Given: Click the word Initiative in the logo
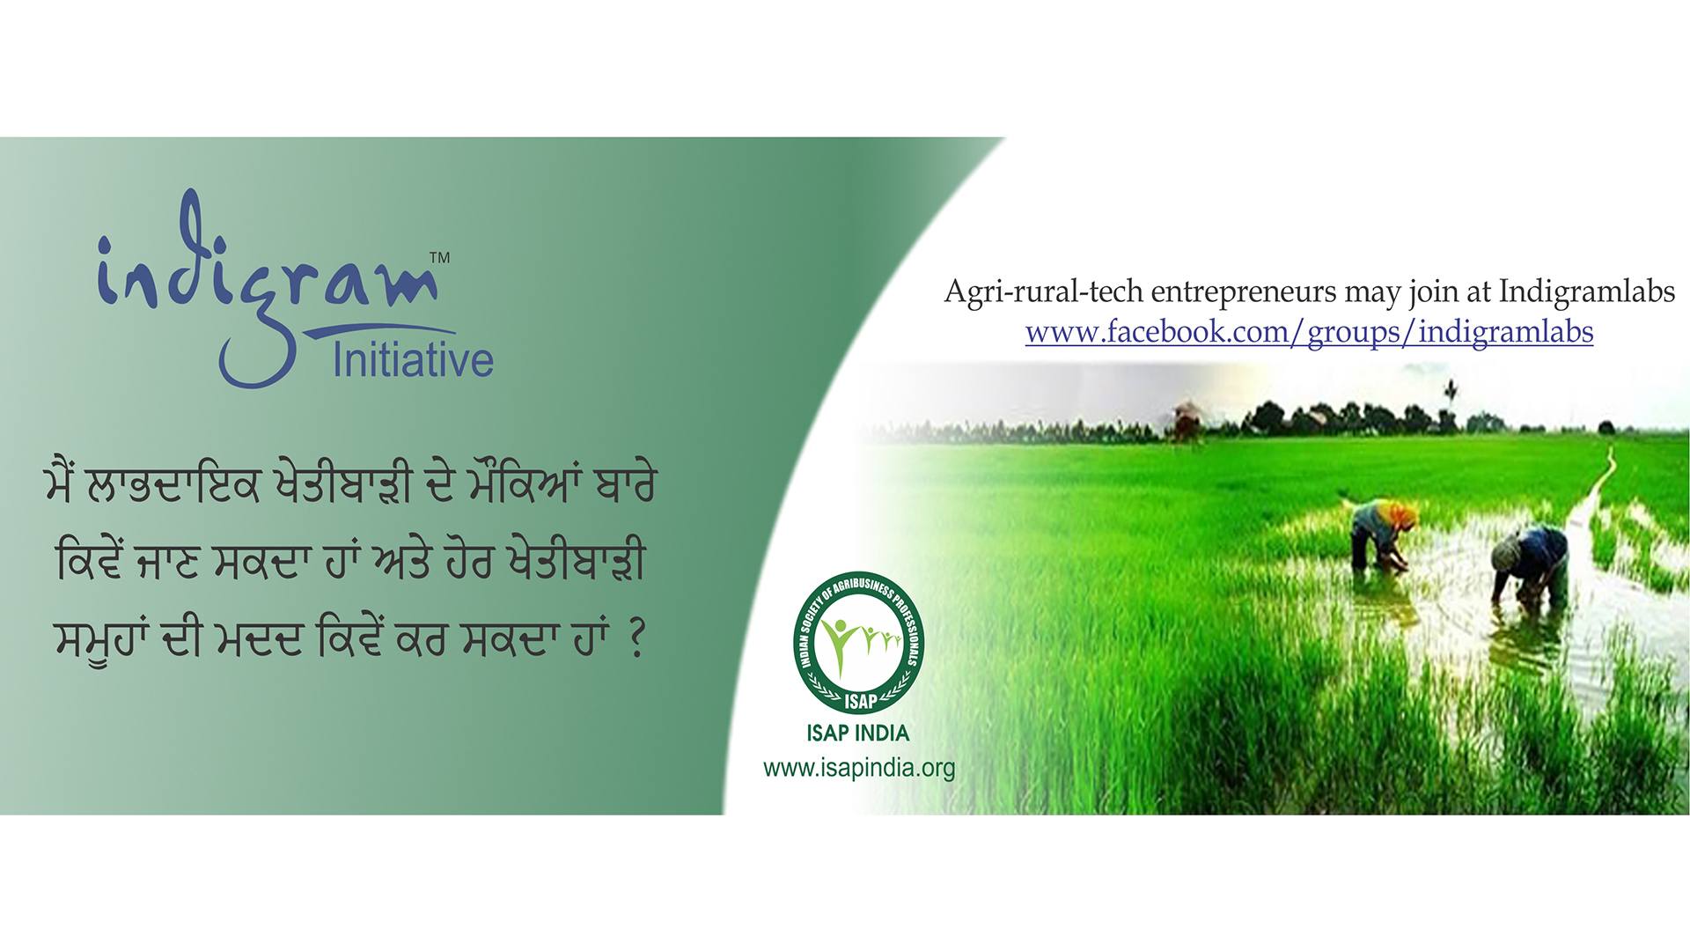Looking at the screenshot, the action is pos(413,360).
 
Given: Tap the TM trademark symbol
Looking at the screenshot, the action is pos(439,258).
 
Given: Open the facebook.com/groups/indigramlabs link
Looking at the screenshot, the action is pos(1309,333).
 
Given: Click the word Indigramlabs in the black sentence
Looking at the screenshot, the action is pos(1586,291).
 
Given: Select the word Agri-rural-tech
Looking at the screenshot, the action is pos(1044,292).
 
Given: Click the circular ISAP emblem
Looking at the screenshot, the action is pos(858,642).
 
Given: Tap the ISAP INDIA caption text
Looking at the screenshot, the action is pos(858,733).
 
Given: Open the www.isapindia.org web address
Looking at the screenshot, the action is pos(859,768).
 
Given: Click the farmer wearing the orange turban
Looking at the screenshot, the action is pos(1382,533).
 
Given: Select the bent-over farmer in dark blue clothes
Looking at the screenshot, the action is pos(1530,564).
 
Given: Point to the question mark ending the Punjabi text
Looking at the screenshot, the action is pos(638,639).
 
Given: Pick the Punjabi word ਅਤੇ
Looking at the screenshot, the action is pos(401,564).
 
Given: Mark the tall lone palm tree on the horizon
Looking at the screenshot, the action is pos(1451,401).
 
